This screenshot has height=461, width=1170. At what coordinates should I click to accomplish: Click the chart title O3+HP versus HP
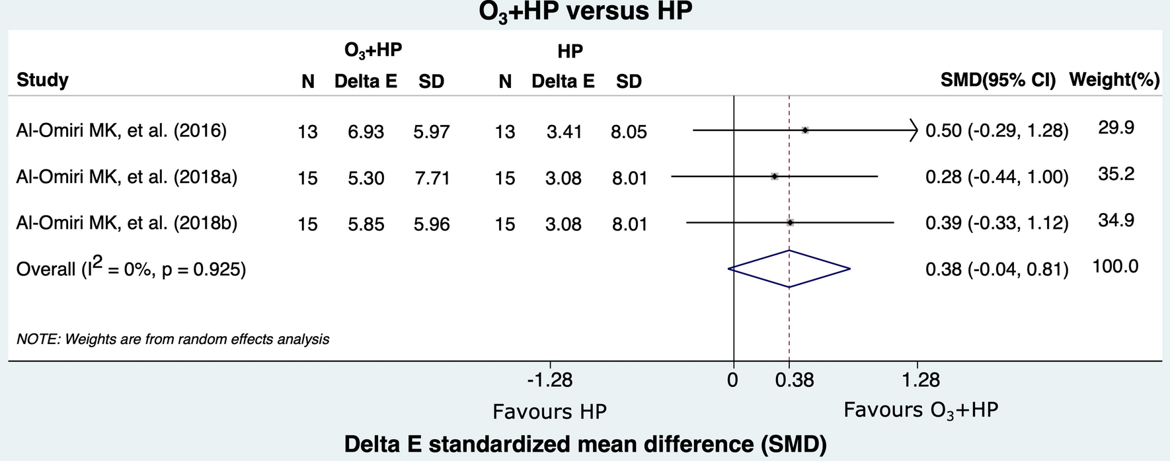tap(585, 12)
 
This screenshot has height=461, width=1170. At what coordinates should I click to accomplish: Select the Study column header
tap(42, 80)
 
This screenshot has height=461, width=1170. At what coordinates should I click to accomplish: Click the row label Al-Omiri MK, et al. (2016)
tap(122, 131)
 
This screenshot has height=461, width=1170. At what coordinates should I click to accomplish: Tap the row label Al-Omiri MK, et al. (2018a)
tap(126, 177)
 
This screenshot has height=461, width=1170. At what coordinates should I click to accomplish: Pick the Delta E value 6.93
tap(366, 132)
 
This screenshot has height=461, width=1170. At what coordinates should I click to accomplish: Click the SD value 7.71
tap(432, 178)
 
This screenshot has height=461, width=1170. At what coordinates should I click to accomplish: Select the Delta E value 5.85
tap(366, 224)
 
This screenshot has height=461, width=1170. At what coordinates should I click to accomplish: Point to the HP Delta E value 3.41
tap(564, 132)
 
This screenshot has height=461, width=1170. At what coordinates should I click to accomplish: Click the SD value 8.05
tap(629, 132)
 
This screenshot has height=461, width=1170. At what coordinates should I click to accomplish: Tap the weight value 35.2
tap(1116, 174)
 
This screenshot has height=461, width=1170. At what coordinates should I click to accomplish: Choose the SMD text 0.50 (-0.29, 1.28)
tap(997, 131)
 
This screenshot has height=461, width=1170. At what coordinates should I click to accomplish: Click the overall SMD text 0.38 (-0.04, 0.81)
tap(997, 269)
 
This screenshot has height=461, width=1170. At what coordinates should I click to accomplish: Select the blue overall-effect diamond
tap(789, 269)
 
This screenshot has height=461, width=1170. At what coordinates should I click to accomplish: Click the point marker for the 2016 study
tap(805, 130)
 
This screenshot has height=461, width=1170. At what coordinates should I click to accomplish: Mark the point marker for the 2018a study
tap(774, 177)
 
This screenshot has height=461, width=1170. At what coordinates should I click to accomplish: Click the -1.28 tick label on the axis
tap(550, 380)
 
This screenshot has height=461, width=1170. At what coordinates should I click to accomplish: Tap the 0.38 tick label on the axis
tap(795, 380)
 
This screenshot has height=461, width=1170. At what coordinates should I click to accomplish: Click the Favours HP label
tap(549, 411)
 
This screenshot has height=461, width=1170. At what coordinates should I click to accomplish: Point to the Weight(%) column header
tap(1114, 80)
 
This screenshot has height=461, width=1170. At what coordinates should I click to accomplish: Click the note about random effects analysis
tap(173, 339)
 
